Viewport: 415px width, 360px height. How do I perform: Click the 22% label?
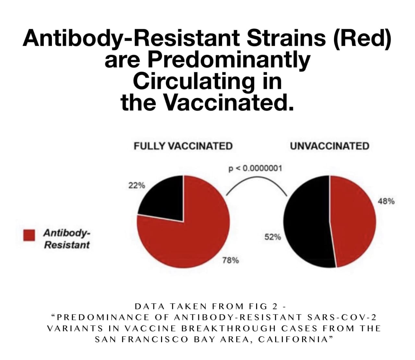coord(136,186)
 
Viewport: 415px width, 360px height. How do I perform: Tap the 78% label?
coord(231,260)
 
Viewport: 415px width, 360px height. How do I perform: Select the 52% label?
coord(273,237)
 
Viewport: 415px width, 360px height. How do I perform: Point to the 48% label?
coord(386,201)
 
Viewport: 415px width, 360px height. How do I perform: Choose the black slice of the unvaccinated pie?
coord(306,224)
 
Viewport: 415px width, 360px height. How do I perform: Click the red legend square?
coord(29,235)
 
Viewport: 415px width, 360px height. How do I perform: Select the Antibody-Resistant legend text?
coord(66,239)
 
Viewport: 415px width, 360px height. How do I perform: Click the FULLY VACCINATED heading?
coord(183,146)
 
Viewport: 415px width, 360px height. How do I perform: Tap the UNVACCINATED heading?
coord(329,146)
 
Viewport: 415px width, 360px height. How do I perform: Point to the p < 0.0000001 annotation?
coord(255,168)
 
